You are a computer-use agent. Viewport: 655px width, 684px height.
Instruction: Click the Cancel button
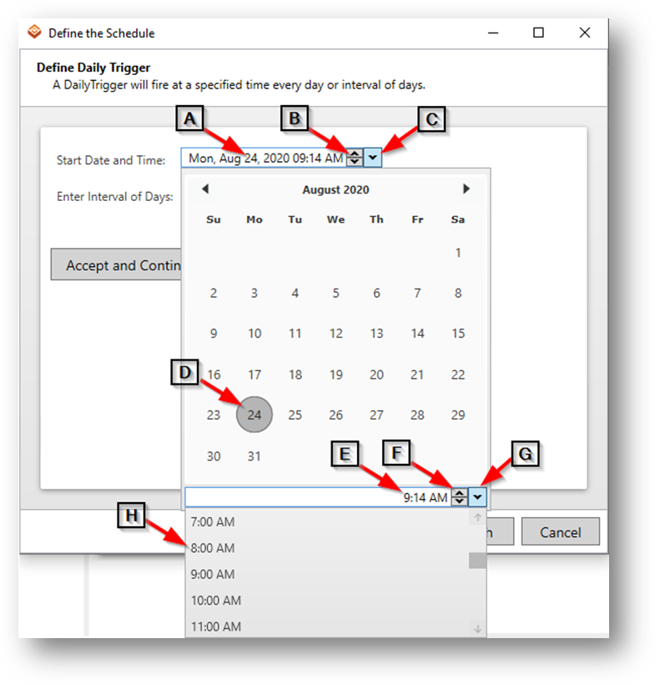(x=561, y=531)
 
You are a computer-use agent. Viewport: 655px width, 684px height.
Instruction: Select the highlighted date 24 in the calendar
(x=254, y=415)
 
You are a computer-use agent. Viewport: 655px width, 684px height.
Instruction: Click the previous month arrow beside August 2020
(x=205, y=189)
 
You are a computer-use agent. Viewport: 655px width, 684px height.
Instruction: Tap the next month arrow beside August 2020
(x=466, y=189)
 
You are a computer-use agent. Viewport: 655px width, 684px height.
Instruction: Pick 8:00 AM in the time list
(x=213, y=548)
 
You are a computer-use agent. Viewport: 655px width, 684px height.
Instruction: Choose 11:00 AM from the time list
(x=216, y=626)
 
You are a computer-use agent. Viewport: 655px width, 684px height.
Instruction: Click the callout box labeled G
(x=525, y=454)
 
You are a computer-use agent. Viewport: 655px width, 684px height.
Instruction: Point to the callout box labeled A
(x=189, y=118)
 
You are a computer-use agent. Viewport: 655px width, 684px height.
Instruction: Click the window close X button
(x=585, y=33)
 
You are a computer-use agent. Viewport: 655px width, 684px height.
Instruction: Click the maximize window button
(x=538, y=33)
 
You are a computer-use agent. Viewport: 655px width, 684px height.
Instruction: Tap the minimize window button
(x=493, y=33)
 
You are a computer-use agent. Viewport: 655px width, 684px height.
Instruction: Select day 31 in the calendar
(x=254, y=456)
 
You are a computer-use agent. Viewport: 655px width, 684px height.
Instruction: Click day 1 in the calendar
(x=458, y=253)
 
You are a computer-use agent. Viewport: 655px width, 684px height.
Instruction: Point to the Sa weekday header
(x=458, y=219)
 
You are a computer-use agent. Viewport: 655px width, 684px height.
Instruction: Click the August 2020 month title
(x=335, y=189)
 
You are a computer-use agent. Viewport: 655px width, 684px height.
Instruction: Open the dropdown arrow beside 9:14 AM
(x=477, y=497)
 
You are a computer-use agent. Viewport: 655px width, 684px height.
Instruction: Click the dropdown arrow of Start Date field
(x=373, y=158)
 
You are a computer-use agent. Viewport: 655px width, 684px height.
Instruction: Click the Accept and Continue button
(x=116, y=264)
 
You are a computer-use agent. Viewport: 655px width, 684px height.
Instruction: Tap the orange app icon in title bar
(x=34, y=32)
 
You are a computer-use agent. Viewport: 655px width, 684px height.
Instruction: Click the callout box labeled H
(x=131, y=516)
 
